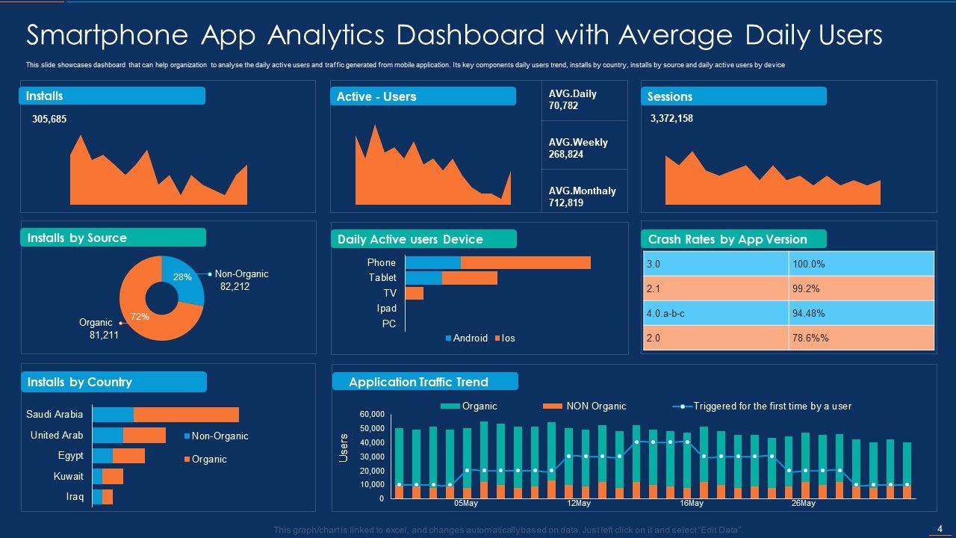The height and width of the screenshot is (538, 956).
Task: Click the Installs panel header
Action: tap(112, 96)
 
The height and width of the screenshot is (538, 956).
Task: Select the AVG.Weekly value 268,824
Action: tap(566, 155)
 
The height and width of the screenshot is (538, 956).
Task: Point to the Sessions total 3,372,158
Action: tap(671, 118)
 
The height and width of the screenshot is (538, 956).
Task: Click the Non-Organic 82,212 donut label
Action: tap(241, 280)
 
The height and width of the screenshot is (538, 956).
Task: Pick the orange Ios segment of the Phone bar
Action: tap(525, 262)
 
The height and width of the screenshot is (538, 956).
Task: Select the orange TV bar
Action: tap(415, 293)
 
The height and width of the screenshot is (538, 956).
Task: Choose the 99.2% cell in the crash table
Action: tap(861, 288)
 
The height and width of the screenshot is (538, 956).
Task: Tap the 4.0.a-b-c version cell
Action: tap(716, 313)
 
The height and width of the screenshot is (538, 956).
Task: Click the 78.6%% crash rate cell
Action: tap(861, 338)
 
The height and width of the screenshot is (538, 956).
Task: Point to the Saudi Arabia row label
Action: tap(55, 414)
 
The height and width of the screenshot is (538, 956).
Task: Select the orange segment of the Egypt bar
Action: tap(128, 456)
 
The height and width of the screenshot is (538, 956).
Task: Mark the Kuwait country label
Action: tap(69, 476)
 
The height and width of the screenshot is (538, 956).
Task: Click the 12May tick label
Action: tap(579, 504)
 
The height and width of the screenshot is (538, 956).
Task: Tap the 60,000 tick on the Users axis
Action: tap(371, 414)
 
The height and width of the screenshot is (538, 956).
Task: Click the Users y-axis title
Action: tap(344, 447)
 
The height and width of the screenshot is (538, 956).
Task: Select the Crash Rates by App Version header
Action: tap(733, 239)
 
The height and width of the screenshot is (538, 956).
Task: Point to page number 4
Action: tap(940, 529)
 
